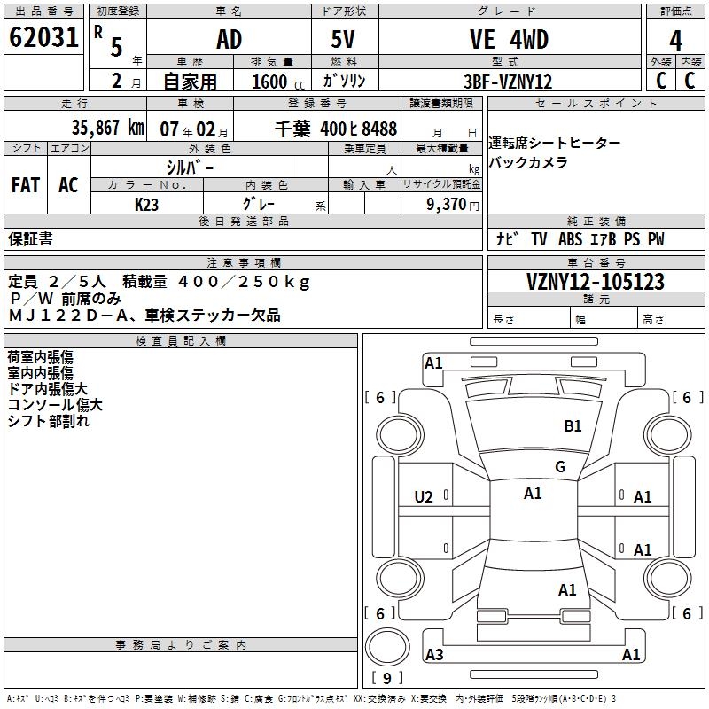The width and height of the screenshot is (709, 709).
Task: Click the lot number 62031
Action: tap(43, 38)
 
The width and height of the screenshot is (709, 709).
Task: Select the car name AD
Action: tap(229, 39)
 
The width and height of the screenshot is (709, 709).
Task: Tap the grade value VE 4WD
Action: tap(509, 39)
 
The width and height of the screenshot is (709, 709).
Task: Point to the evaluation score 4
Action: tap(676, 41)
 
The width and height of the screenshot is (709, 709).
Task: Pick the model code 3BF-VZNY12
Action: tap(509, 81)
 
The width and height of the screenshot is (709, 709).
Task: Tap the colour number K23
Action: tap(147, 204)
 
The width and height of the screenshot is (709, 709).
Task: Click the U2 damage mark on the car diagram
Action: tap(424, 497)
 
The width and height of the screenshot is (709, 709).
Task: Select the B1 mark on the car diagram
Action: tap(573, 426)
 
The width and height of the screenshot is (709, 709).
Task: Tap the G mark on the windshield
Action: tap(559, 467)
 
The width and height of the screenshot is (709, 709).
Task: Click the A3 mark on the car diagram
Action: tap(434, 655)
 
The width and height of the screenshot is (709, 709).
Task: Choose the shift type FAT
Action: tap(26, 184)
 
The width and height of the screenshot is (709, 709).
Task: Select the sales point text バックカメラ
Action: tap(527, 162)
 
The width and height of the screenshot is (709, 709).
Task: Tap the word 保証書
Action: tap(30, 239)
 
